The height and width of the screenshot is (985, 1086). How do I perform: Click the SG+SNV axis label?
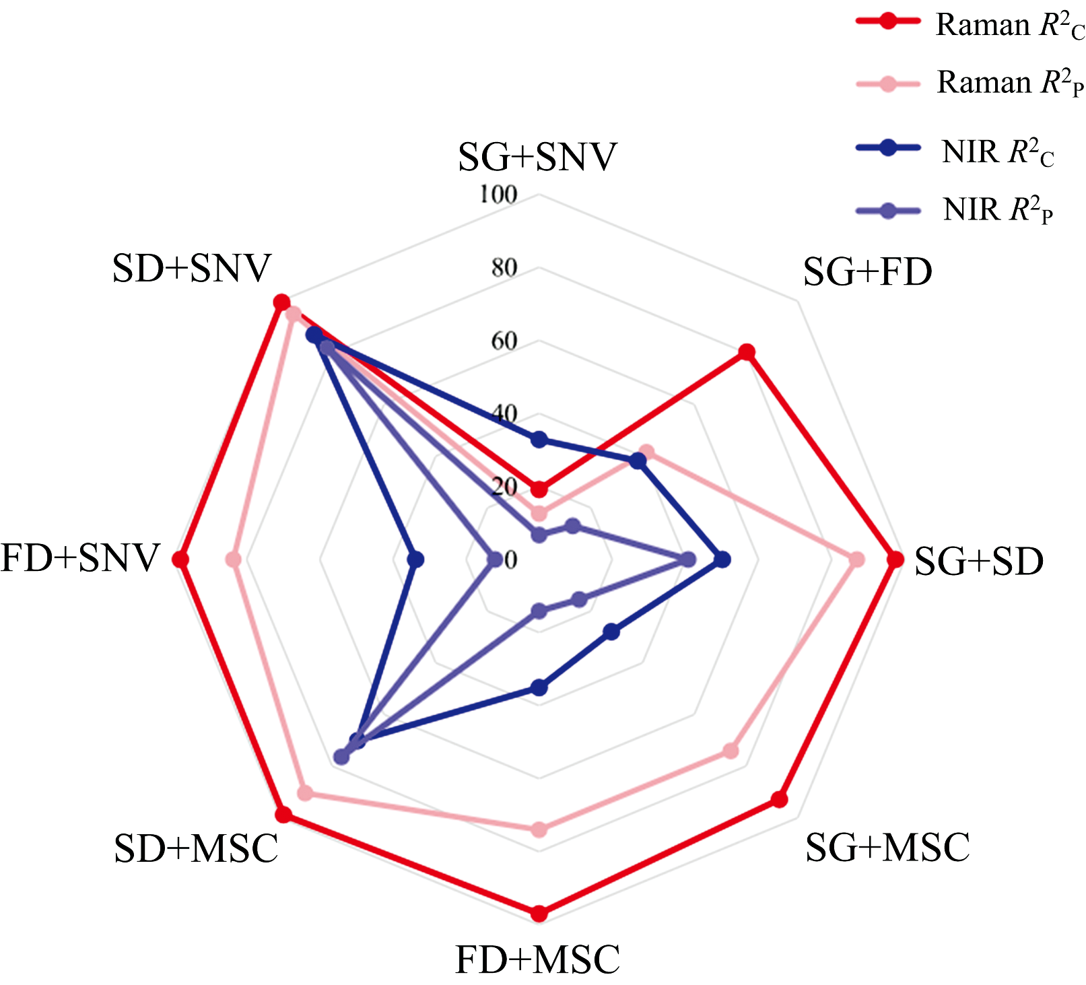(x=537, y=158)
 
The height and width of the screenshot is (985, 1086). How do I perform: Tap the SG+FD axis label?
(x=867, y=273)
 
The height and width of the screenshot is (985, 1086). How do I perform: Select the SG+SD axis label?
(x=978, y=562)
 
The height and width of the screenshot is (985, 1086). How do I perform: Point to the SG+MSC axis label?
(x=887, y=848)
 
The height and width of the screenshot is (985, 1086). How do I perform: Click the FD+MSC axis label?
(x=537, y=960)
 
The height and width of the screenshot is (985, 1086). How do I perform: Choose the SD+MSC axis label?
(x=196, y=848)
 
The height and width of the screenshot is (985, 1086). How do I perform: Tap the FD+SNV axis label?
(x=80, y=558)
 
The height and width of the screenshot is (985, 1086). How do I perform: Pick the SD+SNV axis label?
(x=191, y=269)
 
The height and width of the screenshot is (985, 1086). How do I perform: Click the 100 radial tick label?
(x=498, y=195)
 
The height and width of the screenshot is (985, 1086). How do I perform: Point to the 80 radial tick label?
(x=504, y=268)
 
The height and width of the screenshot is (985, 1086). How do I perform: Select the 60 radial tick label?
(x=504, y=341)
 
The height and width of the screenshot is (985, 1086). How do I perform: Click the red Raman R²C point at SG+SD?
(x=895, y=559)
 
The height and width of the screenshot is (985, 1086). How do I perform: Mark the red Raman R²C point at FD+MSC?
(x=539, y=914)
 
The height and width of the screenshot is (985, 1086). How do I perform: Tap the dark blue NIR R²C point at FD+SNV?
(x=415, y=559)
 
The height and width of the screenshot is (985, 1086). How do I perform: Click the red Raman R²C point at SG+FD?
(x=746, y=352)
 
